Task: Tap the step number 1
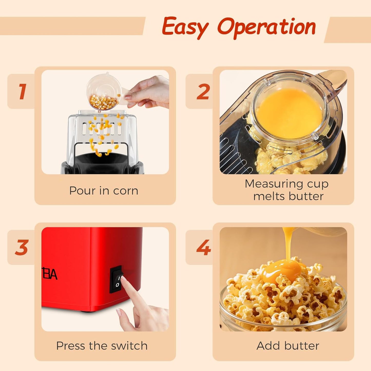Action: coord(22,91)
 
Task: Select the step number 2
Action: coord(203,92)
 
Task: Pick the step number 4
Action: coord(204,248)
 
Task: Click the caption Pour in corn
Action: coord(104,191)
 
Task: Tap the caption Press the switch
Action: coord(102,346)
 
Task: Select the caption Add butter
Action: coord(288,346)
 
